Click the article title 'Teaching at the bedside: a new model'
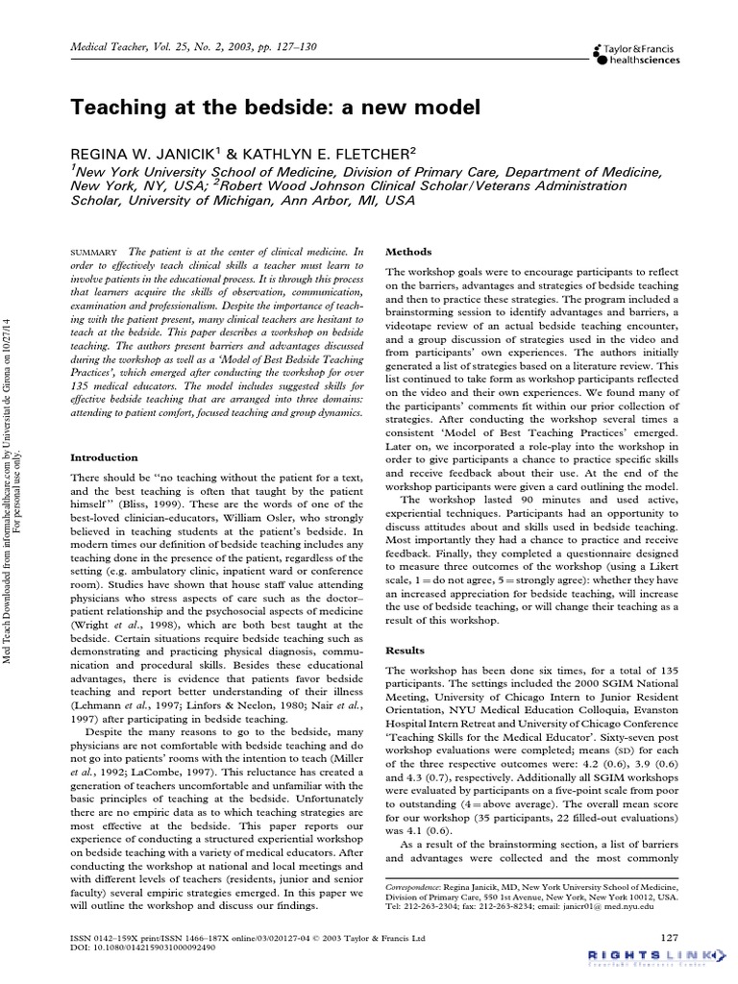tap(275, 108)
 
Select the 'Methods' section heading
tap(407, 251)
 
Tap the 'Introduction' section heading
tap(104, 457)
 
